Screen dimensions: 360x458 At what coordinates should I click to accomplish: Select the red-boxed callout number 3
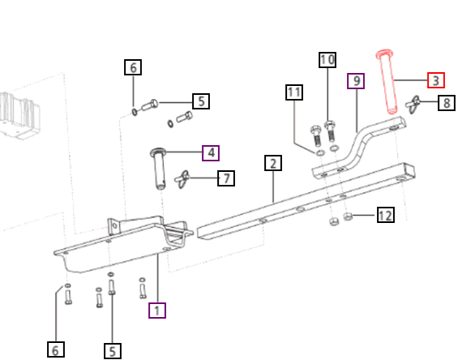(435, 80)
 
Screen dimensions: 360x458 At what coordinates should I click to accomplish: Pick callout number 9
(355, 81)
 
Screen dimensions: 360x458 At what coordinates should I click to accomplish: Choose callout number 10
(327, 60)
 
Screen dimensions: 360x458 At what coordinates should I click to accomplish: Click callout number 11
(293, 92)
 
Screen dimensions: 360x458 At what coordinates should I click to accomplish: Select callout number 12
(385, 215)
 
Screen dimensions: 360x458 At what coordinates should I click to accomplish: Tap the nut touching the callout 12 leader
(348, 216)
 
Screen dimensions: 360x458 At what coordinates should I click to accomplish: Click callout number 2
(273, 164)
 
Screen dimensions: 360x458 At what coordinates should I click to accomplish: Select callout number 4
(211, 152)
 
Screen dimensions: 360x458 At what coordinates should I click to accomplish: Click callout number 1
(157, 309)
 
